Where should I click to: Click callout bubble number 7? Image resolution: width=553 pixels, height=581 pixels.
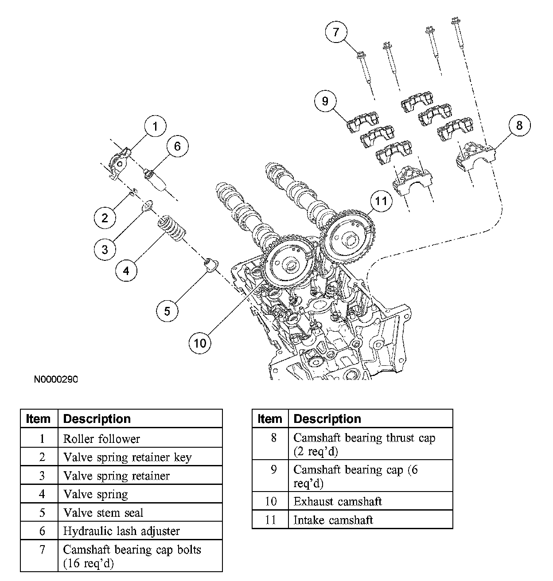[336, 31]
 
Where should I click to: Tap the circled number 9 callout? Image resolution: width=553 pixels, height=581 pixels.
[325, 101]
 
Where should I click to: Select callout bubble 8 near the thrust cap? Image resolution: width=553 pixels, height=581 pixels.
[520, 125]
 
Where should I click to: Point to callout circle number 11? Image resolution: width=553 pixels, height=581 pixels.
[381, 201]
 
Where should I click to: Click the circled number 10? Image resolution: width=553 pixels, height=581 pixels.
[200, 343]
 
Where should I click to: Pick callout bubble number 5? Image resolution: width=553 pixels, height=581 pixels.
[167, 311]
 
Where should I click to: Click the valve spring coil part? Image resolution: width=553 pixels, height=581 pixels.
[171, 230]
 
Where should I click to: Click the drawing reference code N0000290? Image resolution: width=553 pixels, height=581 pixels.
[56, 379]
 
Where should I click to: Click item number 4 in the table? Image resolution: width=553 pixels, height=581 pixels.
[42, 494]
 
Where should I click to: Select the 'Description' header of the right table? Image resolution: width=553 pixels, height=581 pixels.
[327, 418]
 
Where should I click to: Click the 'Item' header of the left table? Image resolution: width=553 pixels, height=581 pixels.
[38, 418]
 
